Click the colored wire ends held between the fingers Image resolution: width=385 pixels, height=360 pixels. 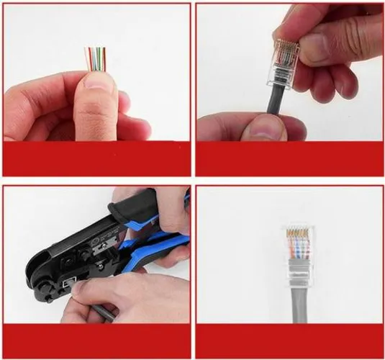coord(96,58)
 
